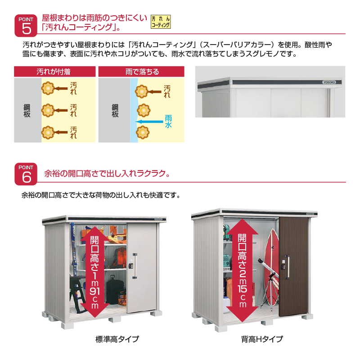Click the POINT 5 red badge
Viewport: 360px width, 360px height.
point(26,26)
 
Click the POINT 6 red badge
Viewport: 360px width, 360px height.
point(26,174)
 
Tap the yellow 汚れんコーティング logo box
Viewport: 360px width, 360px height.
point(161,22)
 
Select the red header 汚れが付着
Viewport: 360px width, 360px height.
point(54,72)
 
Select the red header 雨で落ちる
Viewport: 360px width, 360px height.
point(141,72)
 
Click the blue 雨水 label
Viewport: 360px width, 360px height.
point(168,121)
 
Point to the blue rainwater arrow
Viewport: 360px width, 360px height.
point(149,121)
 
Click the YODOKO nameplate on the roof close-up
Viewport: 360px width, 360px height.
point(329,82)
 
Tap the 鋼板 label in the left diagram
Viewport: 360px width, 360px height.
point(27,111)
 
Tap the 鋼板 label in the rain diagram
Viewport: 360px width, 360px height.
point(115,111)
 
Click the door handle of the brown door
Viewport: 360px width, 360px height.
point(287,266)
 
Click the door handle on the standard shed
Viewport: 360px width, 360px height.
point(135,266)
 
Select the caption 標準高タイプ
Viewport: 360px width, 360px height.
point(117,339)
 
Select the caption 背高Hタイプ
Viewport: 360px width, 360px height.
point(262,339)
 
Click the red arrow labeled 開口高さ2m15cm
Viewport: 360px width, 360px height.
point(242,270)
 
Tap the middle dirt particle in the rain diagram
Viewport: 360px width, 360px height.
point(144,110)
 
